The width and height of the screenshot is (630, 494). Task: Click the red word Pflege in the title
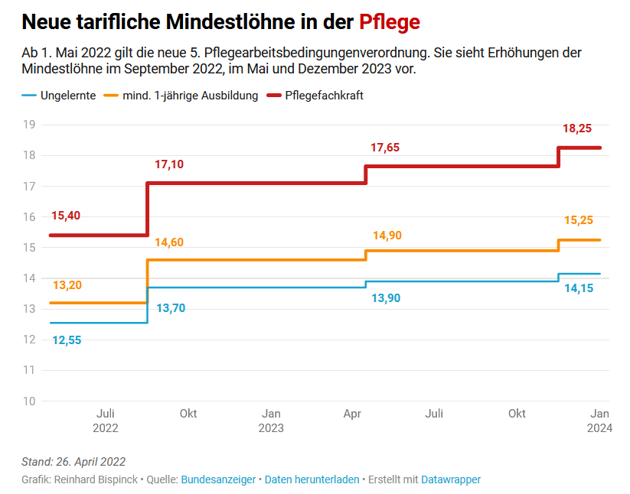click(x=389, y=21)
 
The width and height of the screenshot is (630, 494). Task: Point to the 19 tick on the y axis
click(x=30, y=125)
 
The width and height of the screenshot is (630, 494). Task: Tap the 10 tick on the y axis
click(x=30, y=401)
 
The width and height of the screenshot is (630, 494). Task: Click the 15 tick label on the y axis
click(x=30, y=247)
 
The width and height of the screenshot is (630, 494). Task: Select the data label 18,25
click(x=577, y=130)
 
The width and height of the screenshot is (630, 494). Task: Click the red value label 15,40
click(x=66, y=216)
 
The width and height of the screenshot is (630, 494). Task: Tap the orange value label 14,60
click(x=169, y=242)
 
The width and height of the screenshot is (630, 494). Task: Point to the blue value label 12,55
click(x=67, y=340)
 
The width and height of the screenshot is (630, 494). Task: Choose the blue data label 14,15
click(x=578, y=289)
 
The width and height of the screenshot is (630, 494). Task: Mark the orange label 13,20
click(x=67, y=285)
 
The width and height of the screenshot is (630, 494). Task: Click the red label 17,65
click(x=385, y=148)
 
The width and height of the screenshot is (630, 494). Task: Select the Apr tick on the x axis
click(x=352, y=414)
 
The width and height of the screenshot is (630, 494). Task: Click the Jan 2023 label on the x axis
click(x=271, y=421)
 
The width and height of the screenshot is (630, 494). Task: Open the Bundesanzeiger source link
click(x=217, y=479)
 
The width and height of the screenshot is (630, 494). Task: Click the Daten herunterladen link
click(x=312, y=479)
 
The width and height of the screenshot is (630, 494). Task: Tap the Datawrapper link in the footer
click(x=451, y=479)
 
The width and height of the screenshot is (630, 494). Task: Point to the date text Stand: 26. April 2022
click(x=73, y=462)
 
